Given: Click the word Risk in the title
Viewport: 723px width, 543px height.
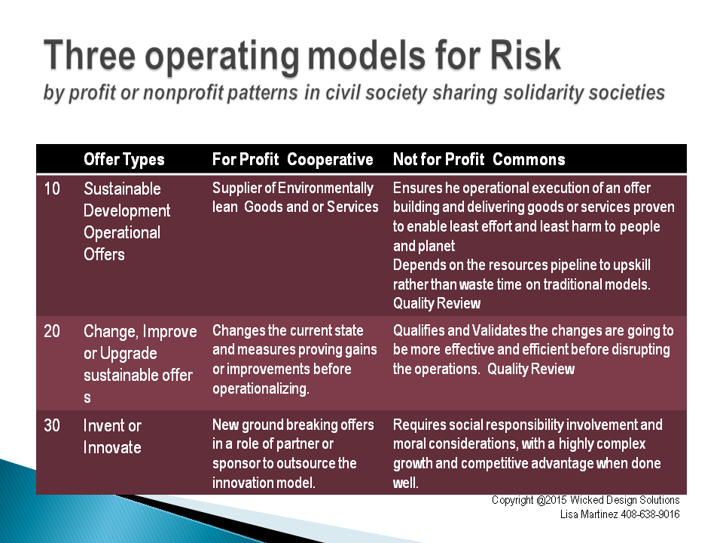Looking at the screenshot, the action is click(525, 55).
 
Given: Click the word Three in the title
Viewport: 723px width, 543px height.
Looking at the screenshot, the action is click(89, 55).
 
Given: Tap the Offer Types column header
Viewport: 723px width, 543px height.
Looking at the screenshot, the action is click(124, 160).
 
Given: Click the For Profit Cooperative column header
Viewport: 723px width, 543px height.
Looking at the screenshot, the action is click(292, 159).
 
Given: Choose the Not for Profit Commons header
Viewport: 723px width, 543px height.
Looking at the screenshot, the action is click(479, 159).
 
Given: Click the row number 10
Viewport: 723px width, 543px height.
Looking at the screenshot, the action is click(52, 189).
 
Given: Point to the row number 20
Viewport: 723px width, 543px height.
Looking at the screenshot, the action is click(52, 331).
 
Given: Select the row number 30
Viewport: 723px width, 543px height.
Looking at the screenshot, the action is click(52, 425).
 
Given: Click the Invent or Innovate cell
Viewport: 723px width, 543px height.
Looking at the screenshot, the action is click(112, 437).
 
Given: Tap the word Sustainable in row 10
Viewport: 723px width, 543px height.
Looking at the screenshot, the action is click(122, 189).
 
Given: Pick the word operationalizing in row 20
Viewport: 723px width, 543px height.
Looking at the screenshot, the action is click(261, 389).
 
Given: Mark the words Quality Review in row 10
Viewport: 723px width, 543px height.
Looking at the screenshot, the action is click(437, 303).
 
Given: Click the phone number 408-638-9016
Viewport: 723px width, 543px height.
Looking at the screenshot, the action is click(650, 514).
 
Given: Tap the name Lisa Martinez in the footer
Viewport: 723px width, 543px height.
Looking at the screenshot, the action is click(589, 514).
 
